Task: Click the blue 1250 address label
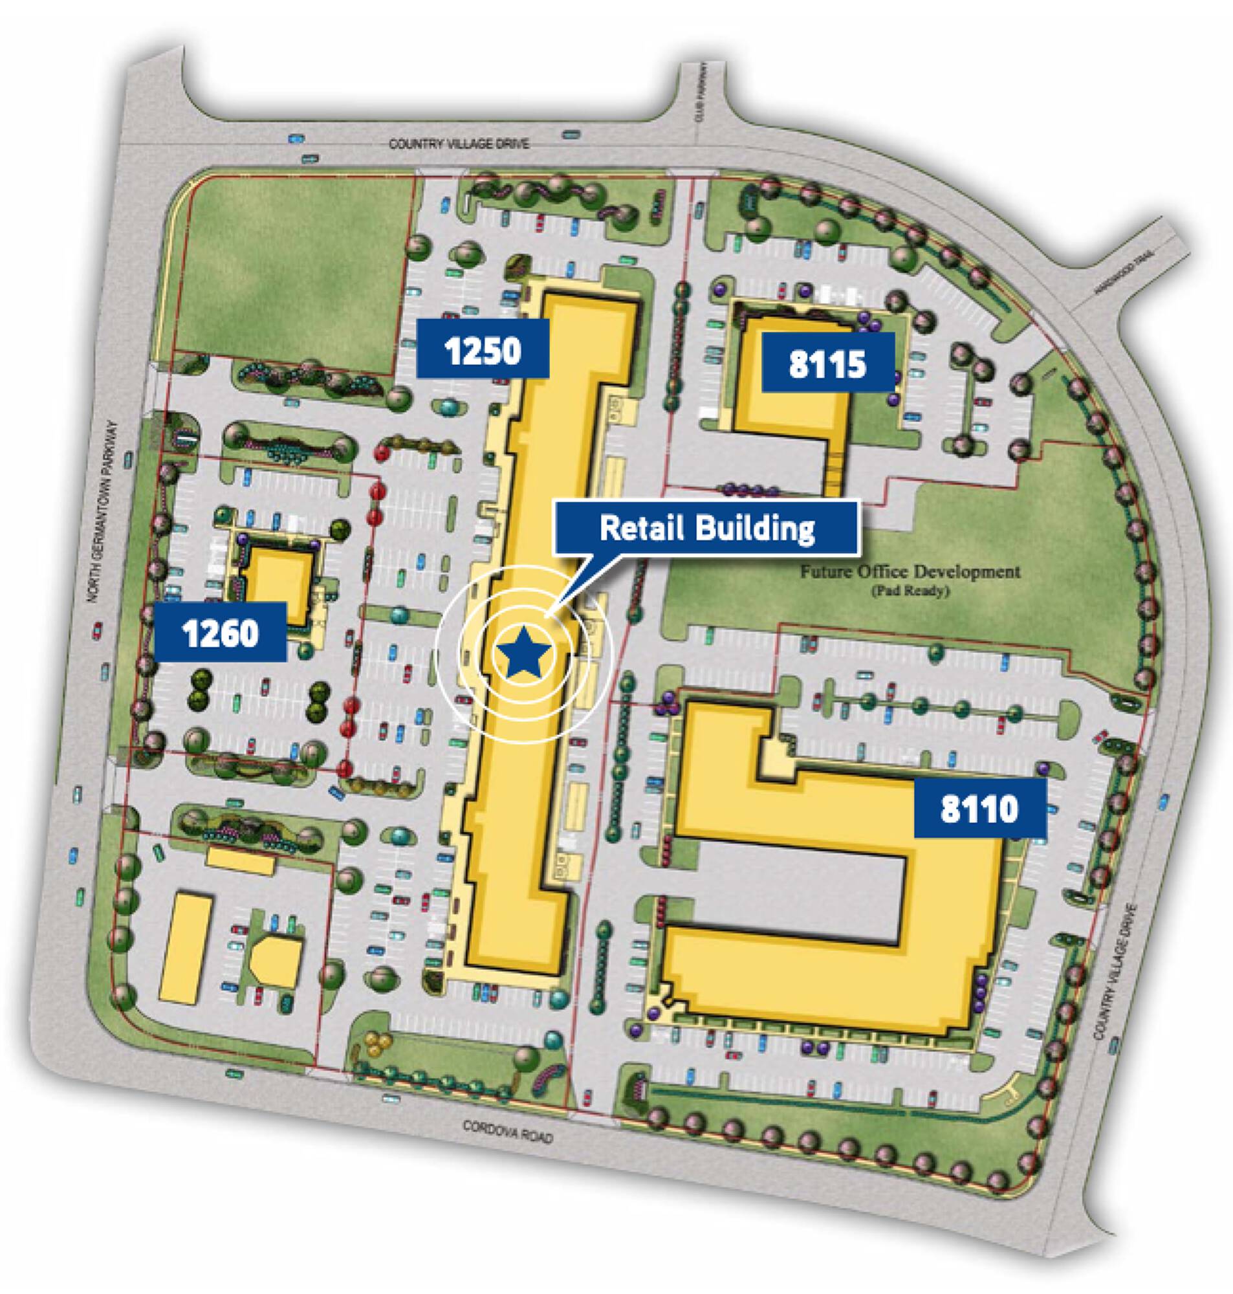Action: coord(483,348)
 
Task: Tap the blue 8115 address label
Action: coord(828,362)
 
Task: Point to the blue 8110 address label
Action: coord(979,808)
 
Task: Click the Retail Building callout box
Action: coord(707,528)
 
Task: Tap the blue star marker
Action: coord(524,653)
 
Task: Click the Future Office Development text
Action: coord(910,572)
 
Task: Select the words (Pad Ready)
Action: coord(910,591)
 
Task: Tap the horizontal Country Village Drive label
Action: coord(458,142)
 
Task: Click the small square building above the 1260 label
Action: coord(279,580)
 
